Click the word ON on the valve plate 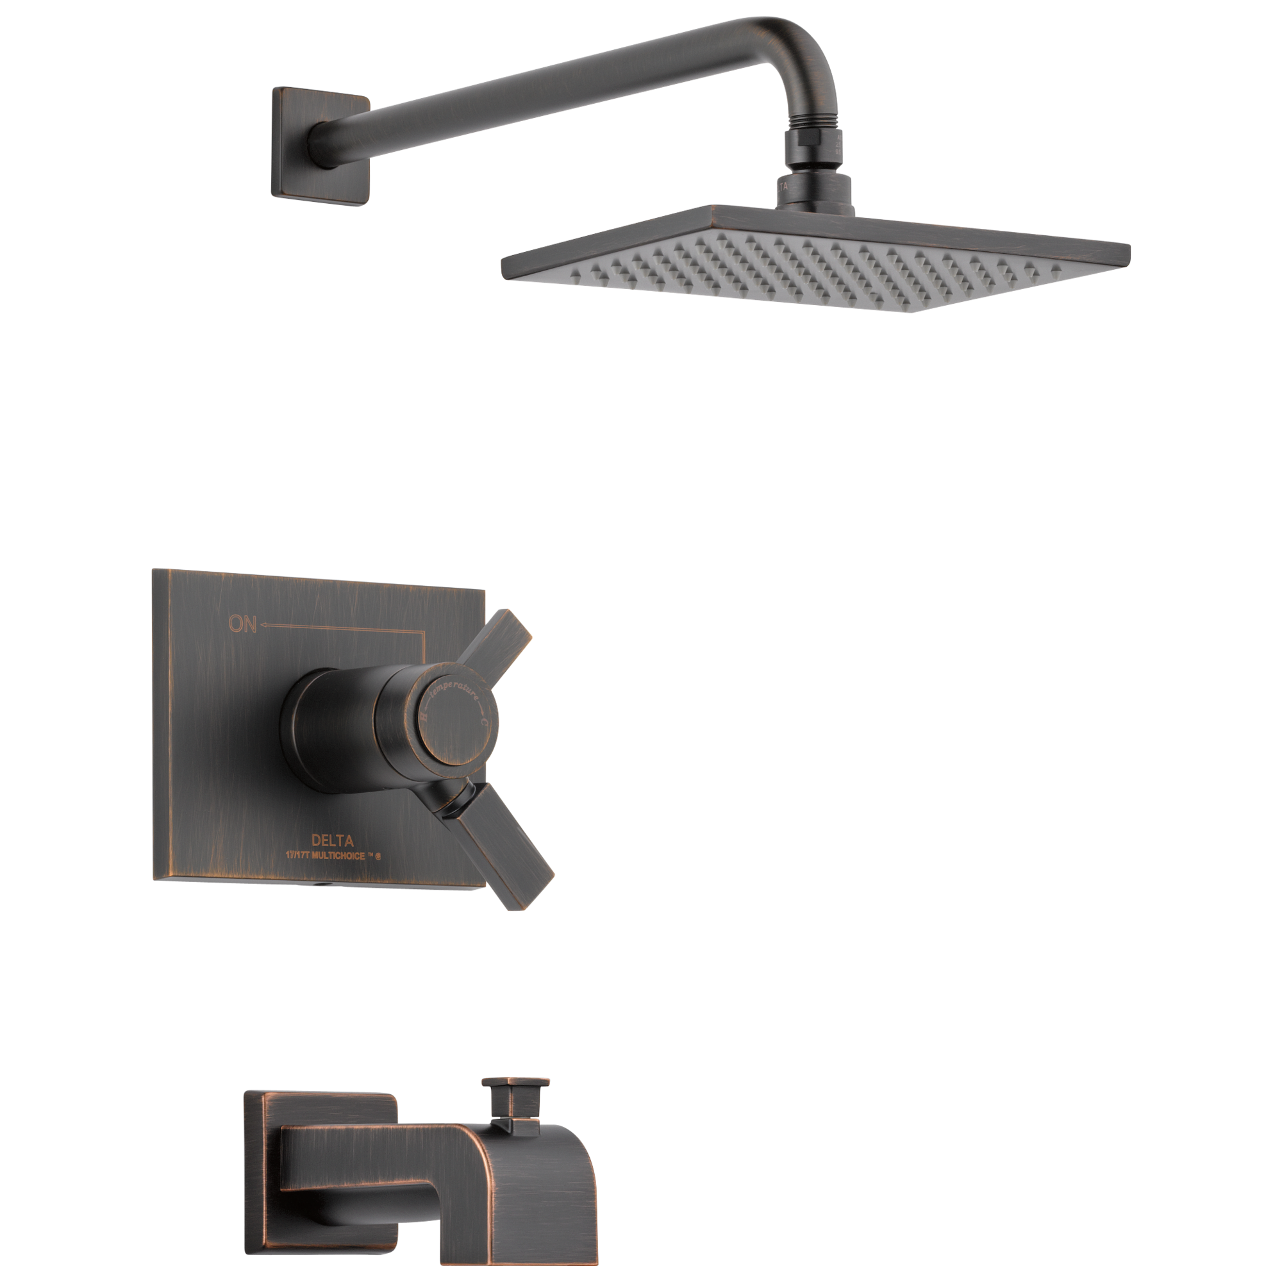click(x=242, y=624)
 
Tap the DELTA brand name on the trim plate click(x=333, y=842)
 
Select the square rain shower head click(x=816, y=262)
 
